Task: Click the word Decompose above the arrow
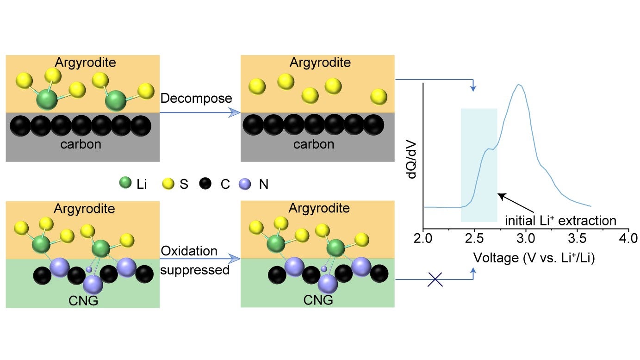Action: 196,99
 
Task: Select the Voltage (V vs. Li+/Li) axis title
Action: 534,258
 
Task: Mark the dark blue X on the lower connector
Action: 435,279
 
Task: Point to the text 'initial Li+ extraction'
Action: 560,220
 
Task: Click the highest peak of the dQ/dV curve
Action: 520,85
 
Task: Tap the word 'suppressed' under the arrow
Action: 195,270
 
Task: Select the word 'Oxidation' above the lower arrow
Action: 189,251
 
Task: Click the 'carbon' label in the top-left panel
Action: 81,144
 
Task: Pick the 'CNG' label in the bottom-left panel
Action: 83,300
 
